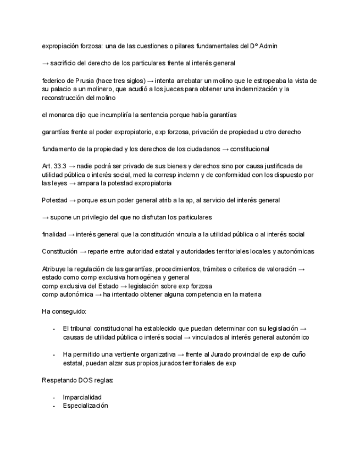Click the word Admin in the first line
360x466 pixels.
coord(268,46)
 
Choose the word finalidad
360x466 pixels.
coord(54,234)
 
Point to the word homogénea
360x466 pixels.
coord(146,278)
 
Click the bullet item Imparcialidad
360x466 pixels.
coord(82,397)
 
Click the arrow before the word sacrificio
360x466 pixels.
coord(45,63)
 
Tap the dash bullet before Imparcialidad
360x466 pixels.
coord(54,397)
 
